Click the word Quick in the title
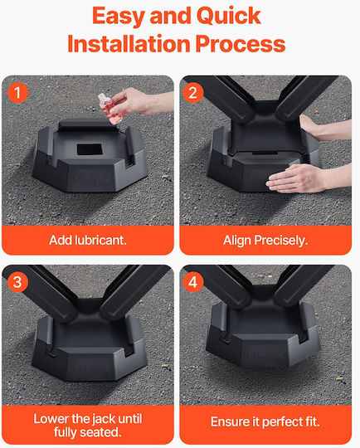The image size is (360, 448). click(x=229, y=17)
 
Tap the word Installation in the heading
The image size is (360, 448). click(x=129, y=44)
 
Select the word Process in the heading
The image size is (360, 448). click(x=241, y=44)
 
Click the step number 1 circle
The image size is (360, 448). click(x=17, y=93)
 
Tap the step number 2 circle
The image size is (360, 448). click(x=192, y=93)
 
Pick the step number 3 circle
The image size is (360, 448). click(x=17, y=282)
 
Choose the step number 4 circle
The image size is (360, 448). click(x=192, y=282)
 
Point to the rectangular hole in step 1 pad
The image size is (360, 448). click(x=90, y=149)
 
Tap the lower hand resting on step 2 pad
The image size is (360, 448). click(x=303, y=178)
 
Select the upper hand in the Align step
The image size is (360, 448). click(x=323, y=127)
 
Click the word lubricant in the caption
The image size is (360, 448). click(x=100, y=241)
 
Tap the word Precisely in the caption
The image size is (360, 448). click(x=281, y=241)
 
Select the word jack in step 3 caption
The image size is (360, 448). click(x=105, y=419)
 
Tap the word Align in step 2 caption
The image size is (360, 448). click(x=237, y=241)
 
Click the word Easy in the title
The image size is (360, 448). click(x=119, y=17)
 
